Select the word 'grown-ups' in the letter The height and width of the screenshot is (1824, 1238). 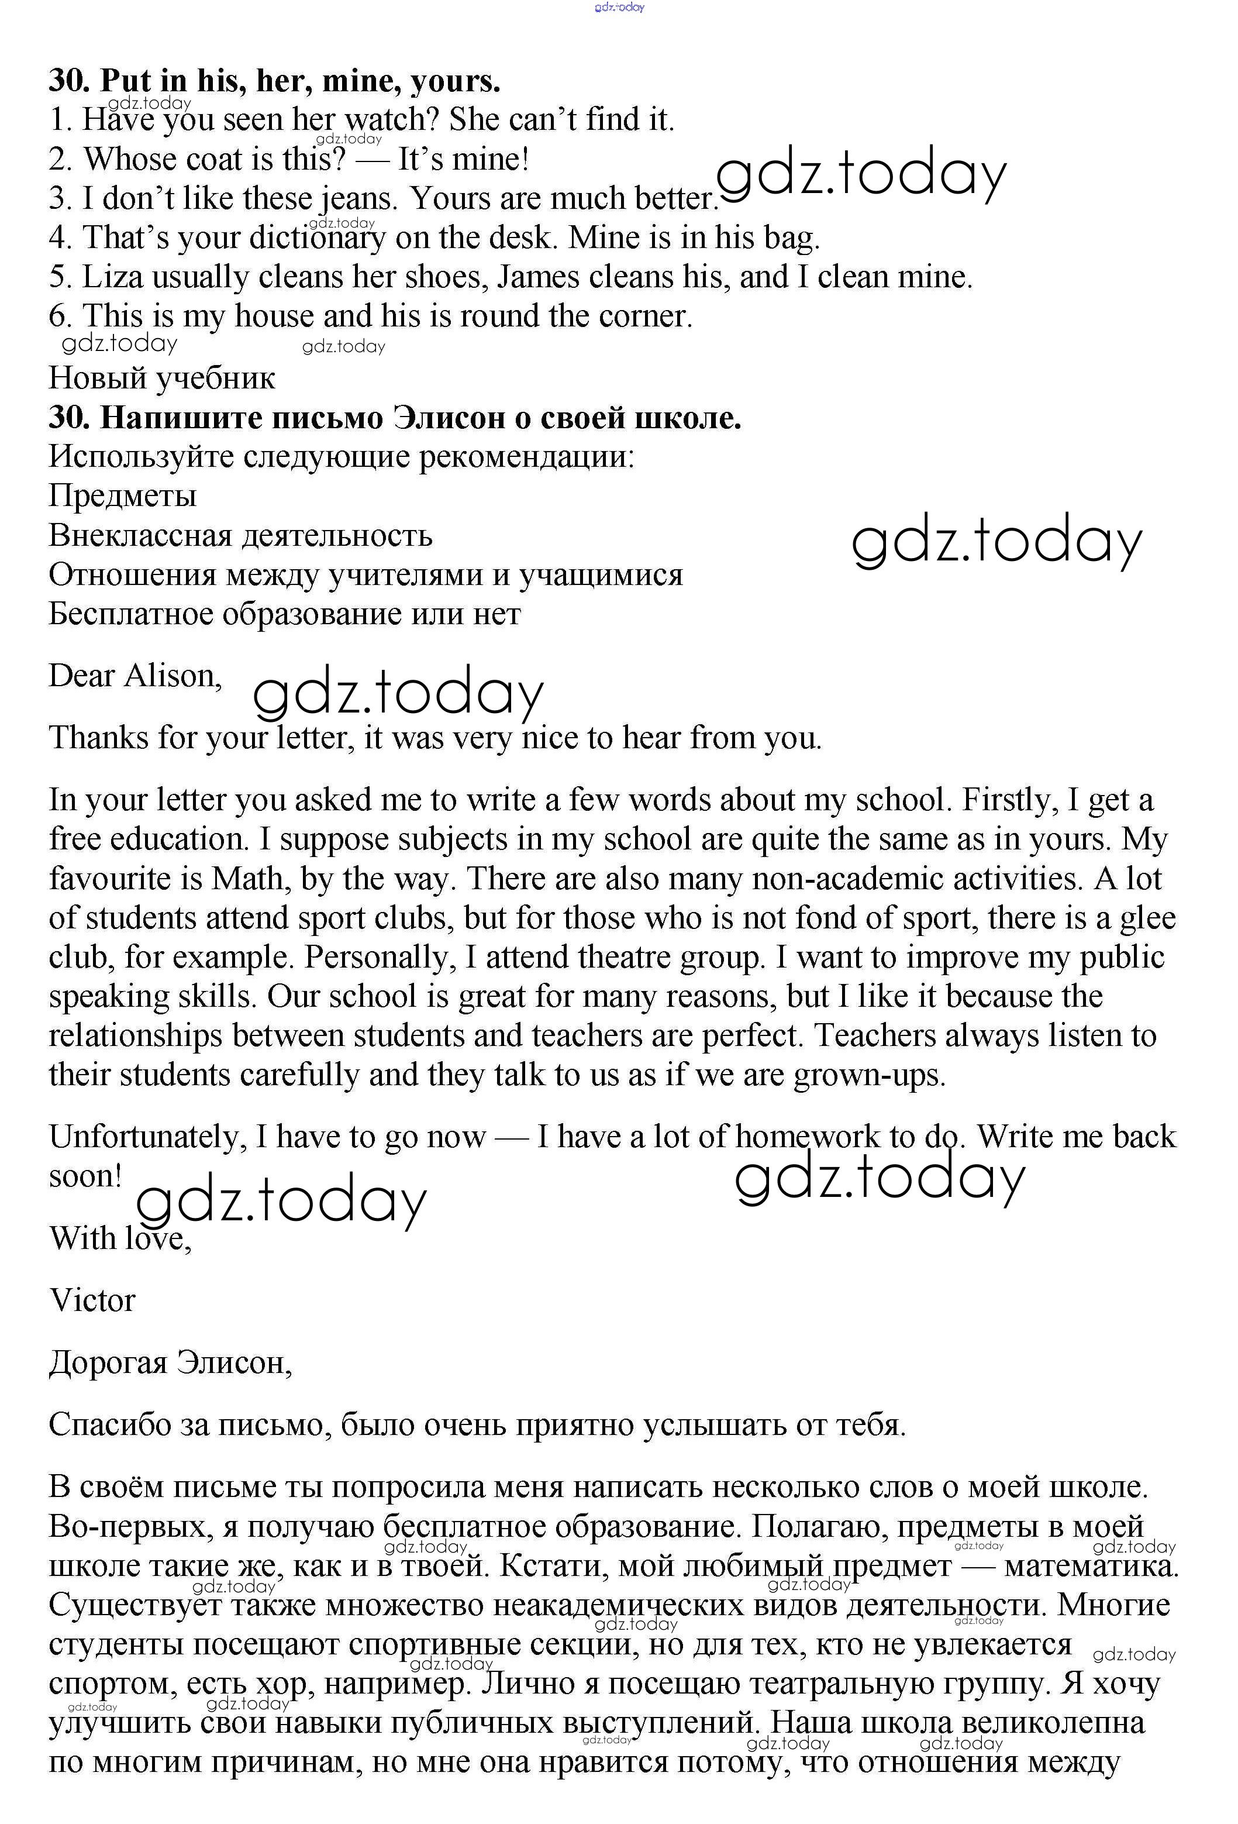click(x=868, y=1075)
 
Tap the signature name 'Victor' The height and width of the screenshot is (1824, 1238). click(x=92, y=1301)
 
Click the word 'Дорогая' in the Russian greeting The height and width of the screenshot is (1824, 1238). click(x=108, y=1363)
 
